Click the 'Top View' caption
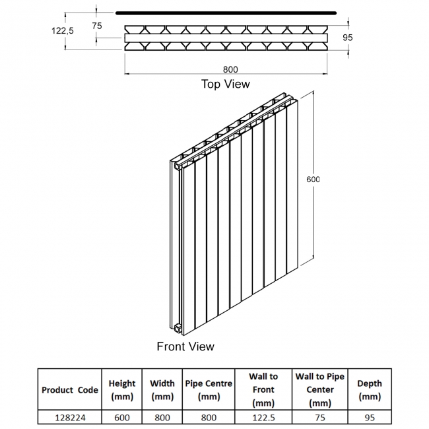coord(226,84)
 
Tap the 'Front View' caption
coord(185,346)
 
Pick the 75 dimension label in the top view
coord(97,26)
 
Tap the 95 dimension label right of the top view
coord(348,38)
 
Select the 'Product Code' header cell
coord(69,389)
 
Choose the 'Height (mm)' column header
coord(122,389)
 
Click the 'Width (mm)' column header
coord(162,389)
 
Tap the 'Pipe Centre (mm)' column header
coord(209,389)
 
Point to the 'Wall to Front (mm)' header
coord(263,389)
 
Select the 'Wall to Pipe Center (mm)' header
coord(320,389)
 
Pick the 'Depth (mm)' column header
coord(370,389)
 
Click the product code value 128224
coord(69,418)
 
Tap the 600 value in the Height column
coord(122,418)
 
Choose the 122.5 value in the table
coord(263,418)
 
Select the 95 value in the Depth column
coord(370,418)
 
